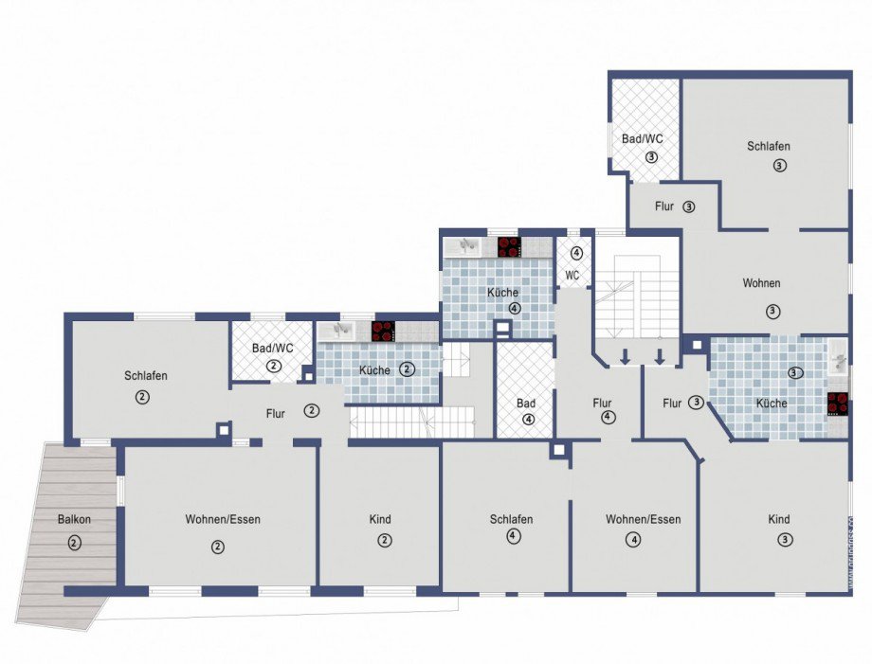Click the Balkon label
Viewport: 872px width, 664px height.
click(74, 519)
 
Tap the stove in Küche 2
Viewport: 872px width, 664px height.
click(384, 332)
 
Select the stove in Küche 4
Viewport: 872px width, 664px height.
click(509, 247)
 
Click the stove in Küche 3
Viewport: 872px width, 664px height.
click(838, 404)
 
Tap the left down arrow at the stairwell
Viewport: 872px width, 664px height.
click(625, 356)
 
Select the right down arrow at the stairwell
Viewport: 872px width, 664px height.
click(660, 356)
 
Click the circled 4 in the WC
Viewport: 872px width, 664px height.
click(576, 253)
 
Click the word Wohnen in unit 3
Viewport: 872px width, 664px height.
click(761, 283)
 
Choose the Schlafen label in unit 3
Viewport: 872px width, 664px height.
click(769, 146)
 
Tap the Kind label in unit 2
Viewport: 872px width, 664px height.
click(380, 519)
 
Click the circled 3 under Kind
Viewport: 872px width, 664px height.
click(784, 539)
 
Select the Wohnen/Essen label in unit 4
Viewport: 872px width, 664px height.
click(643, 519)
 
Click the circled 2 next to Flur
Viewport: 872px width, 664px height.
click(312, 411)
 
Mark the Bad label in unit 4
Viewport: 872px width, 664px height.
click(525, 403)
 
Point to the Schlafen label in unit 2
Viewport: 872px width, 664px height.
click(146, 376)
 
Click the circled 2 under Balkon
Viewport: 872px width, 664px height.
click(74, 543)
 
